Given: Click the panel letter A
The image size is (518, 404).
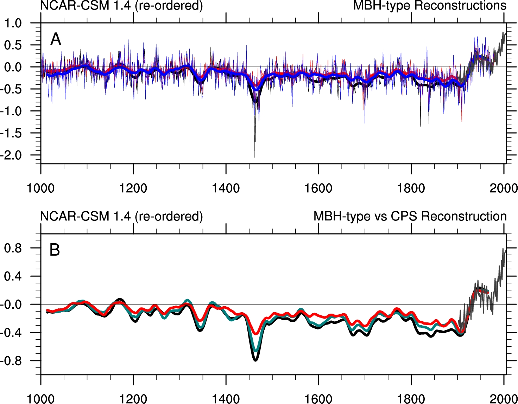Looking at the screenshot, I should (x=56, y=39).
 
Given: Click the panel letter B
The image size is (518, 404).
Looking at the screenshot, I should (x=55, y=250).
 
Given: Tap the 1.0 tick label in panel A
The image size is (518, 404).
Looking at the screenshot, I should (x=13, y=23).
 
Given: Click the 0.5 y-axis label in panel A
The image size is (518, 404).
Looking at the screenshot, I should (x=13, y=45).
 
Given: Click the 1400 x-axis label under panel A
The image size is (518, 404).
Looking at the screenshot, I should (x=226, y=188).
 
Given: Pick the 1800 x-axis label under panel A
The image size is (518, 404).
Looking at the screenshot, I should (x=411, y=188).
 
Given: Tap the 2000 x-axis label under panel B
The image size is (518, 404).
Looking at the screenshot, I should (x=504, y=399).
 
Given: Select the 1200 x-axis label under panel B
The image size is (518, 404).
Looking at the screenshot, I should (x=133, y=399).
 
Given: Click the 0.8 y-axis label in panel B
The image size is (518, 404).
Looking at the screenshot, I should (x=13, y=248).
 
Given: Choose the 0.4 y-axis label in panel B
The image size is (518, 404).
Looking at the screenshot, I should (x=13, y=276).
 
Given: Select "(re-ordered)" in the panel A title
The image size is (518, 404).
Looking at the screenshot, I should (x=169, y=6).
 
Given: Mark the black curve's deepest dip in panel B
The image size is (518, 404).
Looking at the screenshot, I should (x=255, y=360).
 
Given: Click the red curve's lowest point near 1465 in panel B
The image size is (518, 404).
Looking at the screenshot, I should (x=256, y=333).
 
